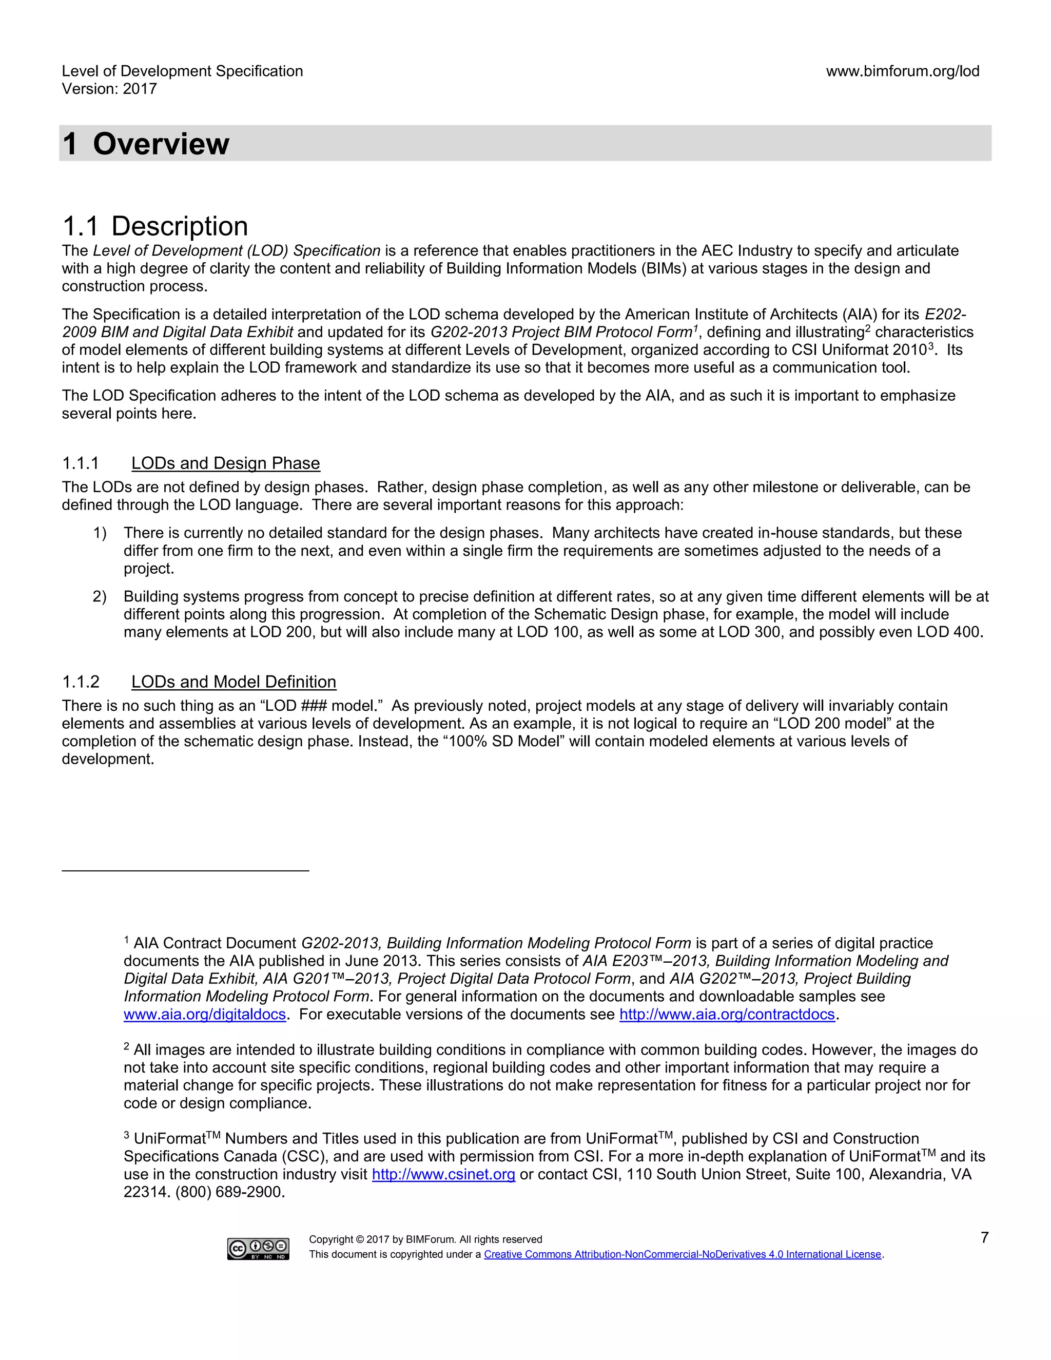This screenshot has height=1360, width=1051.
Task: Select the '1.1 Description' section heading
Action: click(x=155, y=226)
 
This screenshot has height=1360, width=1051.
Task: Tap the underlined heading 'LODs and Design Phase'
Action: click(x=225, y=463)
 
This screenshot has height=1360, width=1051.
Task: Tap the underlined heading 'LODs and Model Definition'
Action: click(x=233, y=682)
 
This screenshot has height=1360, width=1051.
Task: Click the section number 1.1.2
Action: click(x=81, y=682)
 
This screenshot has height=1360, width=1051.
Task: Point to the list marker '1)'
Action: click(x=100, y=533)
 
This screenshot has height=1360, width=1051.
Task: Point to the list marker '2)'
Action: click(x=100, y=596)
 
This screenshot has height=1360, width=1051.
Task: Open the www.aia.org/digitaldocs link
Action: click(x=204, y=1015)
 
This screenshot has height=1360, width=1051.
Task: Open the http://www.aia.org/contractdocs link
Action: click(x=727, y=1015)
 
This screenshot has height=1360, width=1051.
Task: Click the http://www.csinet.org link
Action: click(x=443, y=1174)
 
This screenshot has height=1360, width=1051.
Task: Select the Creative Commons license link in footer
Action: click(x=683, y=1254)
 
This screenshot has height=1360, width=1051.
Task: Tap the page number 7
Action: click(x=984, y=1237)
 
